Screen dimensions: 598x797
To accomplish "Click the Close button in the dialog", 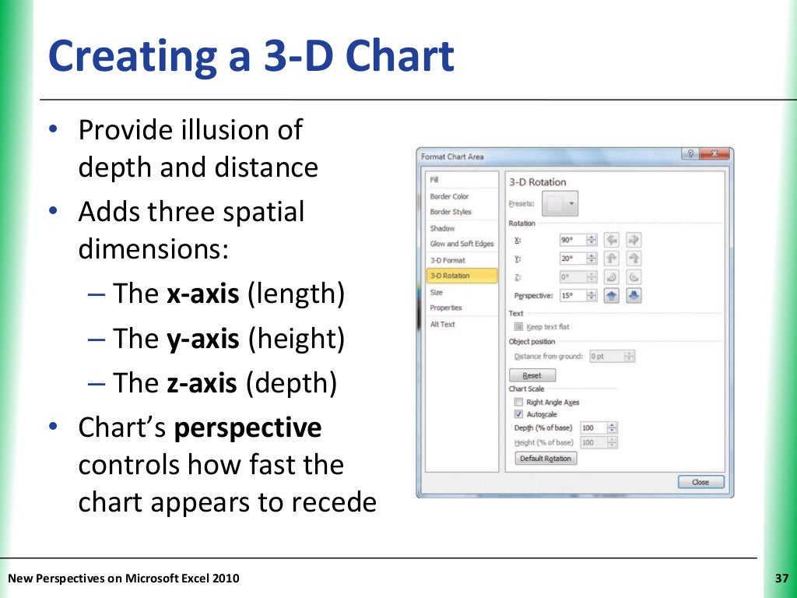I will click(x=700, y=482).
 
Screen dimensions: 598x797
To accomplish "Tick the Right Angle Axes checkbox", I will click(x=518, y=403).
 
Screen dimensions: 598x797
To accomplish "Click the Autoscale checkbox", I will click(x=518, y=415).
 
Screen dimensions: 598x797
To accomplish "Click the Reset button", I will click(x=532, y=375).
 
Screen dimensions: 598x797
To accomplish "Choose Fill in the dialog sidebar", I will click(x=434, y=180).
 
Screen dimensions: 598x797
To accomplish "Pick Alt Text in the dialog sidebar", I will click(x=442, y=324).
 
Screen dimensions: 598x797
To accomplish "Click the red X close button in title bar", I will click(x=713, y=155).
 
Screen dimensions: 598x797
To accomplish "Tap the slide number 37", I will click(x=782, y=578).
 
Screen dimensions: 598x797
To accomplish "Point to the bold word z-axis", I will click(x=201, y=383).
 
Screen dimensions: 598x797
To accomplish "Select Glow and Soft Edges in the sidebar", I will click(x=462, y=244).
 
